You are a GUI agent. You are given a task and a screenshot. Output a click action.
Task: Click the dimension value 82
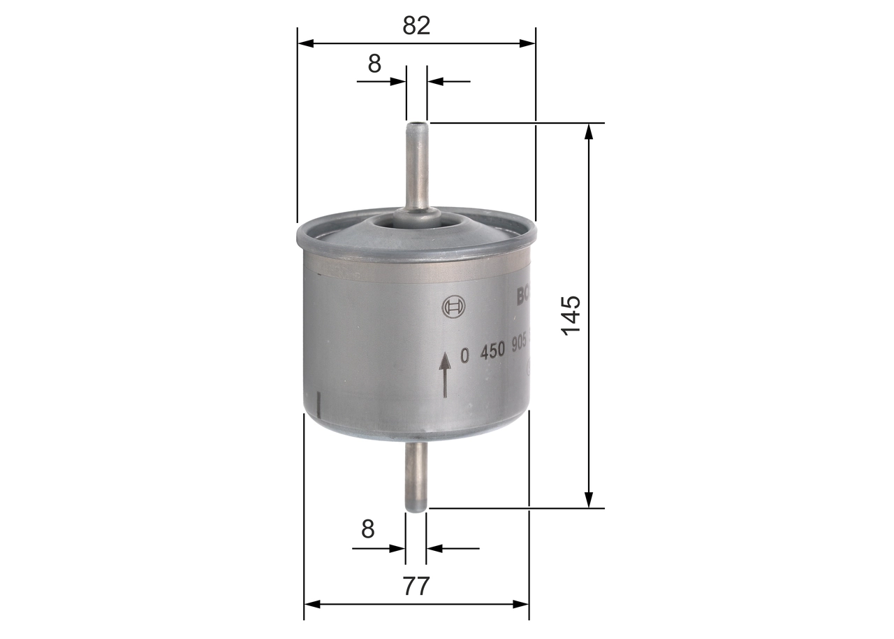pyautogui.click(x=416, y=25)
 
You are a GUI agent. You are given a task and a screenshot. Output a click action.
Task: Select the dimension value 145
pyautogui.click(x=570, y=315)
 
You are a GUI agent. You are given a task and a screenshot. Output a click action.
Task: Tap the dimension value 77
pyautogui.click(x=416, y=586)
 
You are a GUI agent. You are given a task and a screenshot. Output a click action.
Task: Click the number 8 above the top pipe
pyautogui.click(x=374, y=64)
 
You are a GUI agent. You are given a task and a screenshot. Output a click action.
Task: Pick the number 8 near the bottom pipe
pyautogui.click(x=368, y=529)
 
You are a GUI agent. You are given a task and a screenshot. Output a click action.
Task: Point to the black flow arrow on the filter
pyautogui.click(x=445, y=375)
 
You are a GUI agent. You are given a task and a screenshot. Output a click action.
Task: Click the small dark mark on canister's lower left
pyautogui.click(x=318, y=404)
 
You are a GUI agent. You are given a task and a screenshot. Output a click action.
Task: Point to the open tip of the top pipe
pyautogui.click(x=417, y=126)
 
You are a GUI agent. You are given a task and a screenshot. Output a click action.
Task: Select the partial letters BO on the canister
pyautogui.click(x=523, y=296)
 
